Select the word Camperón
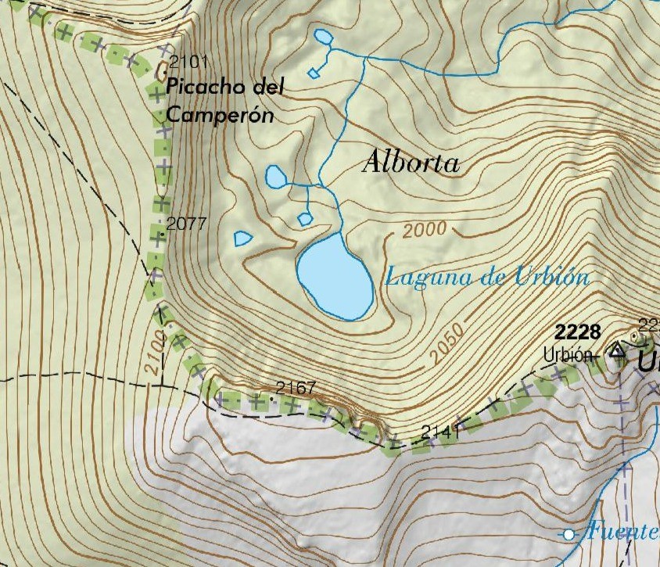click(219, 115)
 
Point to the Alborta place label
click(411, 163)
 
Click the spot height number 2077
click(186, 224)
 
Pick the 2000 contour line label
click(426, 230)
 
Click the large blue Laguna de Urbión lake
click(335, 277)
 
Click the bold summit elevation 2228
click(579, 331)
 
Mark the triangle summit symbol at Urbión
click(618, 350)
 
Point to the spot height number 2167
click(296, 388)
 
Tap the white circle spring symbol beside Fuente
click(569, 534)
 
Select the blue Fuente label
click(623, 532)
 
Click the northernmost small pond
click(322, 36)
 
